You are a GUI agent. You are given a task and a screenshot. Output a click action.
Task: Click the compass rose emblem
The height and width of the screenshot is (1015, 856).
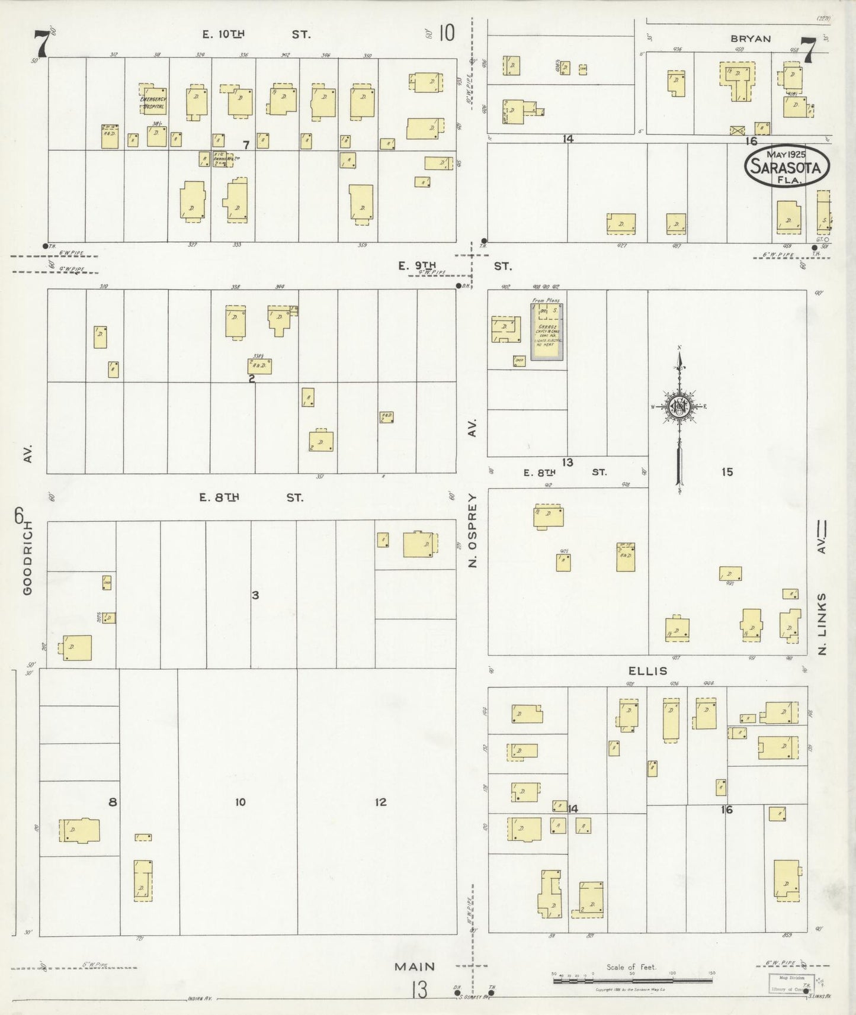(x=680, y=406)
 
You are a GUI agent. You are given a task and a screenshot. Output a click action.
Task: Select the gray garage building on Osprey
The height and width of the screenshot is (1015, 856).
(x=546, y=332)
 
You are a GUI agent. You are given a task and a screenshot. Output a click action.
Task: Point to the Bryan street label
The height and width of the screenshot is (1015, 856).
(x=751, y=39)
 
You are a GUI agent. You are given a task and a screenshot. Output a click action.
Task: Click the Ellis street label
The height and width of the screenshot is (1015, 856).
(x=647, y=671)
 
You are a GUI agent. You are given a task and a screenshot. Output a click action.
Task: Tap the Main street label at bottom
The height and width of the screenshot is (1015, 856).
(x=415, y=966)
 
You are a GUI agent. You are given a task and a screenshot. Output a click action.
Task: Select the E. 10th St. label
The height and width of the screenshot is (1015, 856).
(x=255, y=34)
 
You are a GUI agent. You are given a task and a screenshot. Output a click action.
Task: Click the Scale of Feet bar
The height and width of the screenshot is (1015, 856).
(x=632, y=981)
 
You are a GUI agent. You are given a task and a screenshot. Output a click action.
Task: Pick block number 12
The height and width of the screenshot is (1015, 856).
(x=380, y=802)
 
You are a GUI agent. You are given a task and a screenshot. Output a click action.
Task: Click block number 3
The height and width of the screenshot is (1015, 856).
(x=255, y=595)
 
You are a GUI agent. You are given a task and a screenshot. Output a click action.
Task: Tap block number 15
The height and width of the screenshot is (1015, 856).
(x=727, y=472)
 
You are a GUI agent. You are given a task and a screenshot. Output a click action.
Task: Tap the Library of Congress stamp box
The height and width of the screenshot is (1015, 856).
(x=791, y=984)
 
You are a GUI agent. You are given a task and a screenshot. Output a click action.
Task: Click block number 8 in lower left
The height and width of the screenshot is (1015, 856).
(x=113, y=802)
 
